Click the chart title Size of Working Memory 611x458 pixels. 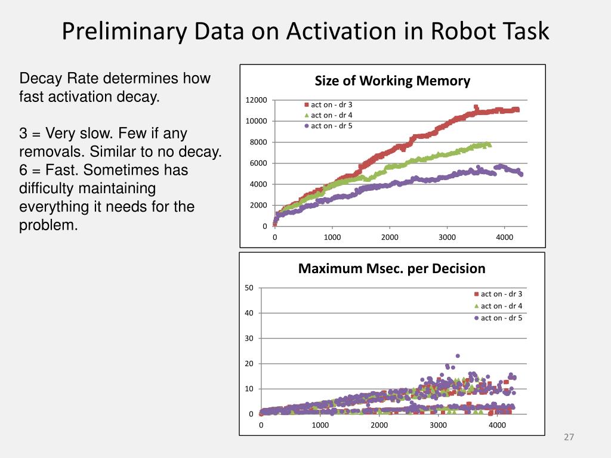click(x=392, y=81)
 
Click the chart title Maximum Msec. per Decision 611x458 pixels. click(x=391, y=268)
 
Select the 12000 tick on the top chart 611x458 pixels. click(x=258, y=100)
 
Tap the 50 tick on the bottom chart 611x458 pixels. click(x=249, y=289)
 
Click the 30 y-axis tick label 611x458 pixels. click(x=249, y=339)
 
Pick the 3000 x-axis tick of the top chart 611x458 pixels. click(x=447, y=237)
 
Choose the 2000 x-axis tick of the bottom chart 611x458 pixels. click(x=379, y=425)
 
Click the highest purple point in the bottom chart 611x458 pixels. click(x=458, y=356)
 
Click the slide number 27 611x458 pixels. click(x=569, y=438)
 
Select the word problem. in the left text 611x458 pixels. click(x=49, y=225)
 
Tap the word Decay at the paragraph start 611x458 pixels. click(x=40, y=79)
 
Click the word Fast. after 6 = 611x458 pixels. click(x=61, y=171)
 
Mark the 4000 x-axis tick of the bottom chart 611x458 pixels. click(x=497, y=425)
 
